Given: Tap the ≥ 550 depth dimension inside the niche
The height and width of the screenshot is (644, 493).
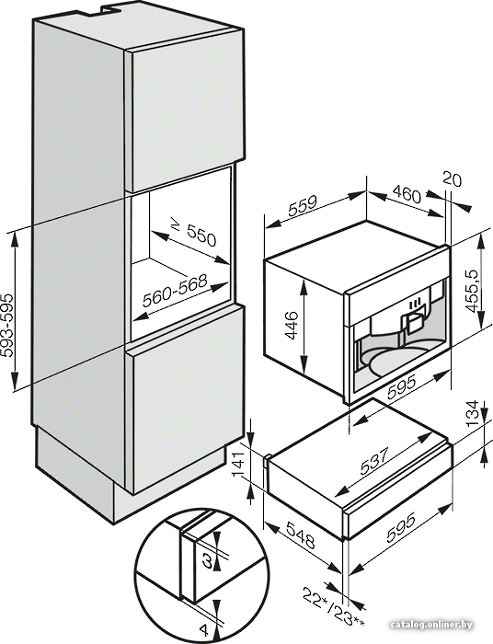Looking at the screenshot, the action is [x=193, y=234].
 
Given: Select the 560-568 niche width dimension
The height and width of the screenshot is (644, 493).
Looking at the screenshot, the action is [x=175, y=292].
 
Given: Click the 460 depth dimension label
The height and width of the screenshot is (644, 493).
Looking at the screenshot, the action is [x=407, y=194].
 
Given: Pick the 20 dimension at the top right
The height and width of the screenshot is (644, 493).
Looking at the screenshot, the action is [x=453, y=180].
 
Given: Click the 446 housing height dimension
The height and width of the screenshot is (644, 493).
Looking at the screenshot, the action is [x=292, y=326].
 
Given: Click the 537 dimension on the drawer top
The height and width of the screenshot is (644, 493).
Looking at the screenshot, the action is [x=374, y=462].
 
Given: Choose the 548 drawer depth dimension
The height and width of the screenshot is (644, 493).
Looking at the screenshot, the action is [x=301, y=535].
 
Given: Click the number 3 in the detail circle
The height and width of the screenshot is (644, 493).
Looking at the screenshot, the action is [x=208, y=561].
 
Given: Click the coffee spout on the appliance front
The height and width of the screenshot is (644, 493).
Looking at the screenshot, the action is [x=414, y=324].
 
